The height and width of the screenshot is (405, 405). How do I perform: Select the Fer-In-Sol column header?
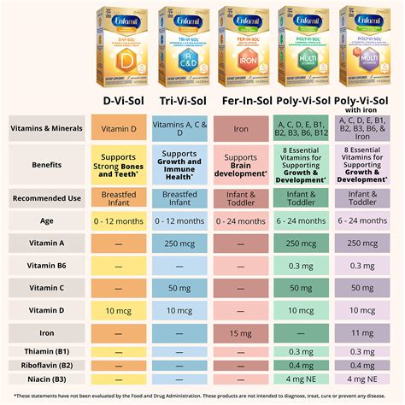point(242,101)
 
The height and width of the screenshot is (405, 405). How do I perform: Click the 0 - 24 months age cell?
point(242,220)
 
